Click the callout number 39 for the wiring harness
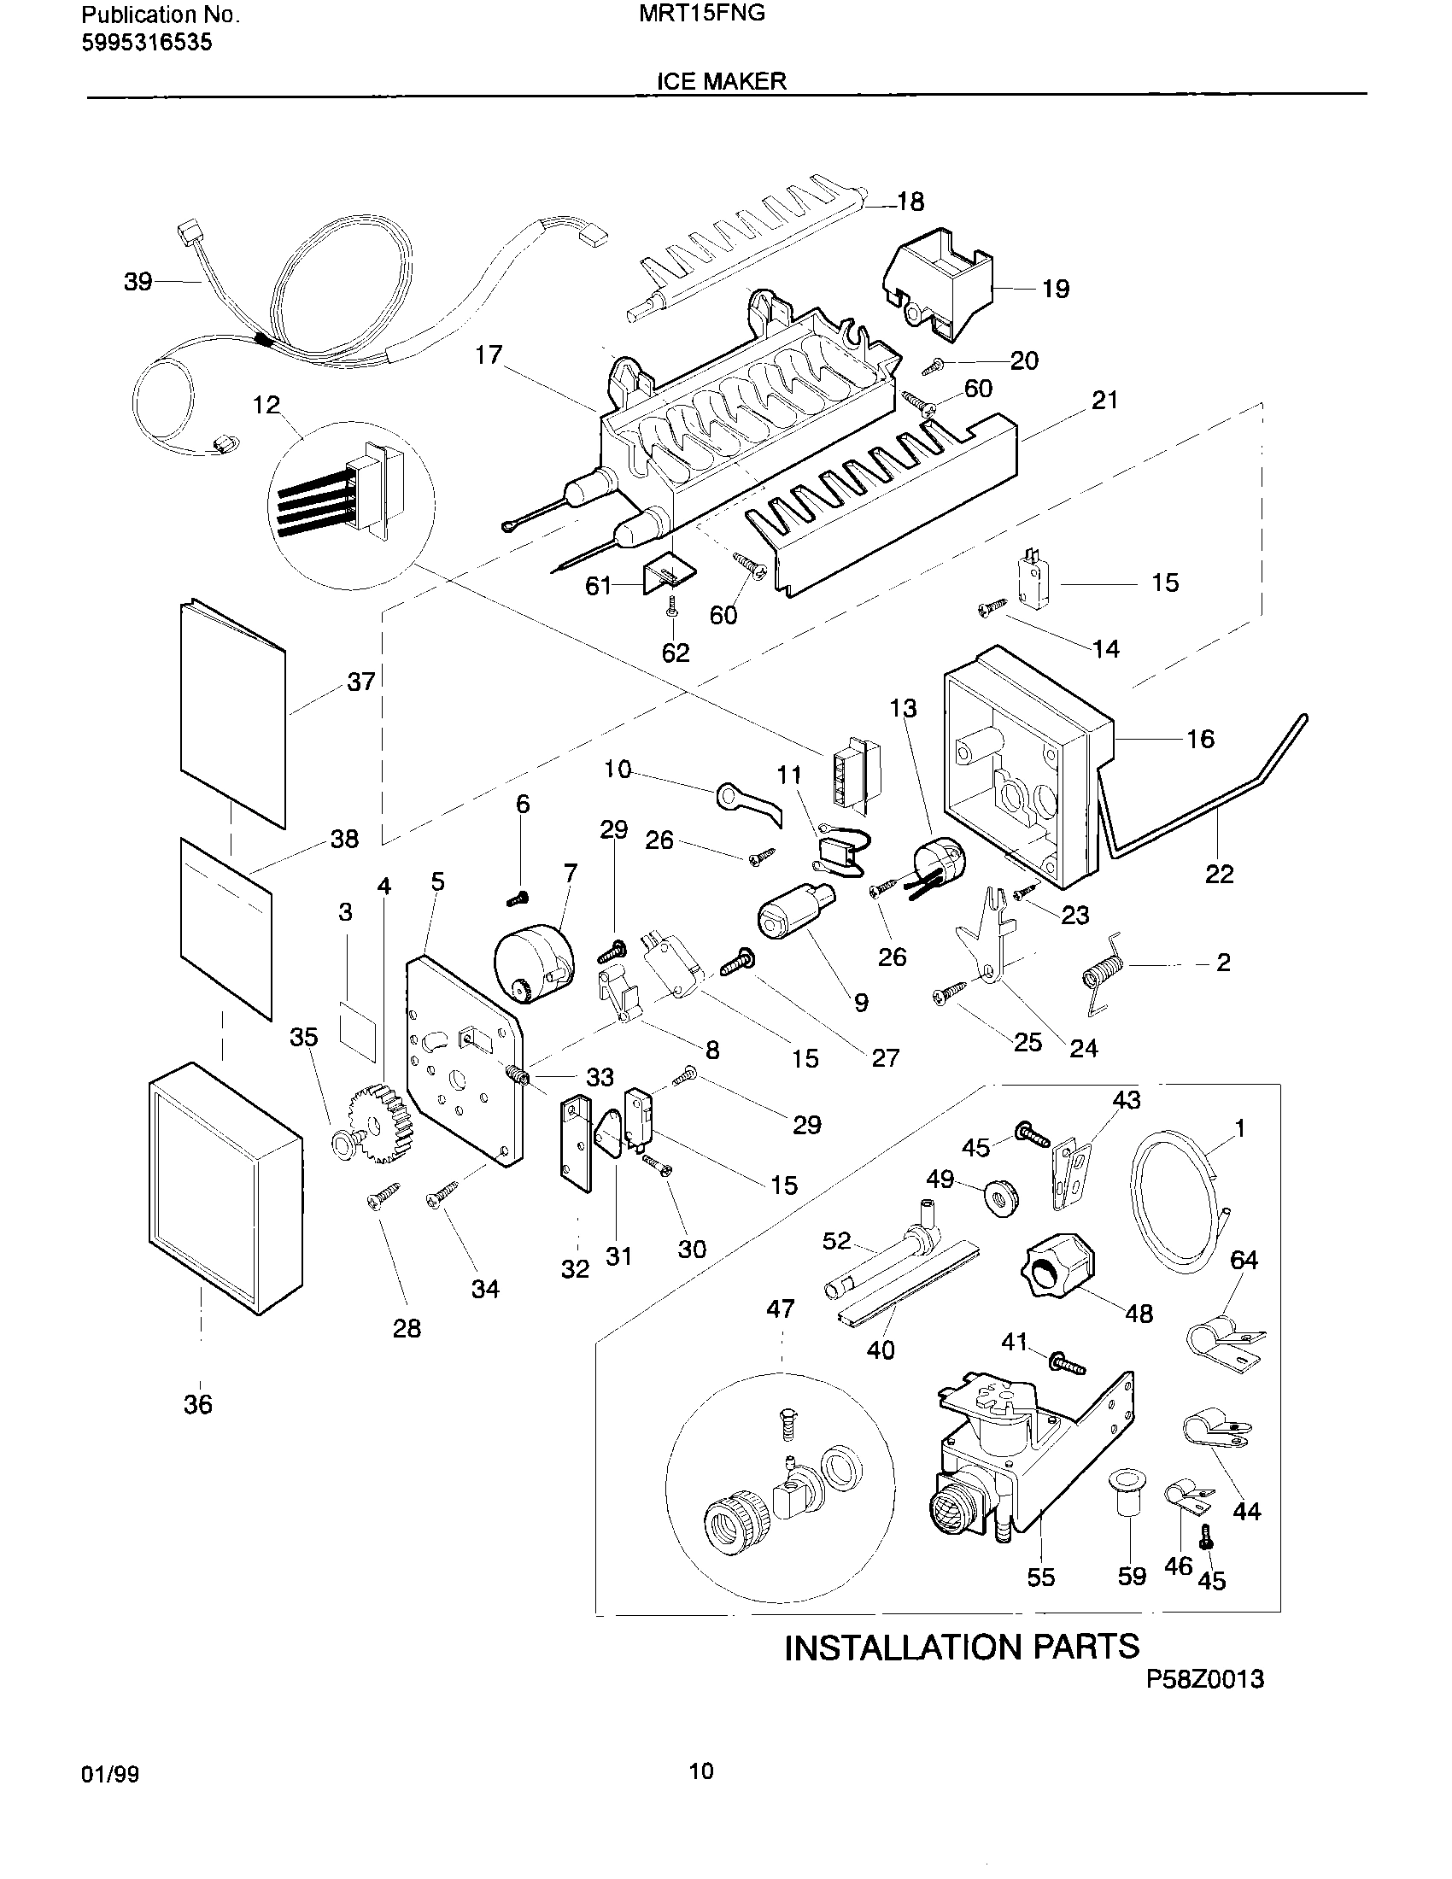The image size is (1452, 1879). pos(138,282)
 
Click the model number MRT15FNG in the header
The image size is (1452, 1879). pos(702,14)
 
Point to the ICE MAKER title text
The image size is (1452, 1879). pos(721,81)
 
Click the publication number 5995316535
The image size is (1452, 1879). pos(146,42)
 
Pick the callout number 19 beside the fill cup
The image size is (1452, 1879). pos(1056,289)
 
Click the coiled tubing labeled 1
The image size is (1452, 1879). pos(1179,1200)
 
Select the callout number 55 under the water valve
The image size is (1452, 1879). pos(1041,1577)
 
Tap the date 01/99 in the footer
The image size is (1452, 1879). pos(109,1774)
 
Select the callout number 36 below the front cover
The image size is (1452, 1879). pos(197,1404)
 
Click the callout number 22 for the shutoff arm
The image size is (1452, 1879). pos(1219,874)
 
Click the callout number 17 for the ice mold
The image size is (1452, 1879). pos(489,354)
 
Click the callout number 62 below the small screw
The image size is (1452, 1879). pos(676,653)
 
